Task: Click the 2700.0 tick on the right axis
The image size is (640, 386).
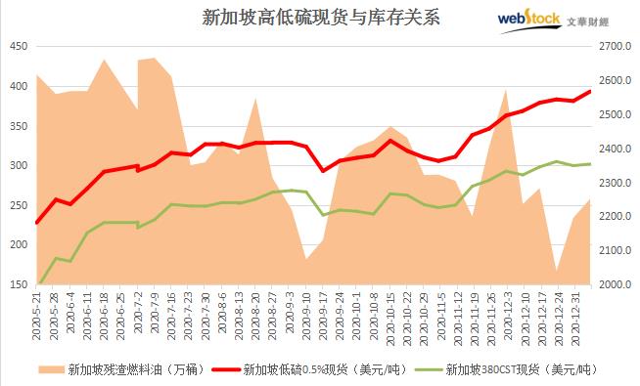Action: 616,47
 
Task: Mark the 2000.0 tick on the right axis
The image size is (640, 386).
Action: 616,285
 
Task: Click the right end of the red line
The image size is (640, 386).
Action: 590,92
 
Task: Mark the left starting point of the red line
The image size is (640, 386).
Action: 37,223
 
